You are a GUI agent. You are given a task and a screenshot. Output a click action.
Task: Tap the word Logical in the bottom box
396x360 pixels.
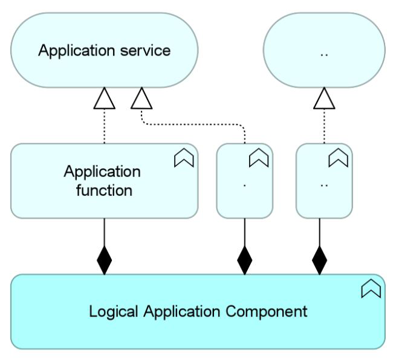[x=113, y=312]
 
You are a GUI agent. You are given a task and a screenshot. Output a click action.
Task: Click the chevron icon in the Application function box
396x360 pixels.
[x=184, y=159]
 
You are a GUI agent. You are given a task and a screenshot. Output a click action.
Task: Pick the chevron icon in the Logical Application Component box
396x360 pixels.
[x=371, y=289]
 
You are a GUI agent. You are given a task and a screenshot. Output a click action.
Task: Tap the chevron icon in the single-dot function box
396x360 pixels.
[x=259, y=159]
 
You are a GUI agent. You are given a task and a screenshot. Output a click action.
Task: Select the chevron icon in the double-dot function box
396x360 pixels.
[x=338, y=159]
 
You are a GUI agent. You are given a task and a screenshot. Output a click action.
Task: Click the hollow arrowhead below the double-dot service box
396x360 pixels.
[x=324, y=99]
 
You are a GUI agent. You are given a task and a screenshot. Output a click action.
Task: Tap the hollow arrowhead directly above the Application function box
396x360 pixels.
[x=105, y=99]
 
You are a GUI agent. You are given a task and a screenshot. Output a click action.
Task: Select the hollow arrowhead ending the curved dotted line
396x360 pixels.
[x=141, y=99]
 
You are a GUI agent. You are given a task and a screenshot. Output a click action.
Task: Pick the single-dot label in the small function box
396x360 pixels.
[x=245, y=184]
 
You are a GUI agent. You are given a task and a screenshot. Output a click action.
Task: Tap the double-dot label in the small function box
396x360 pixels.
[x=324, y=184]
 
